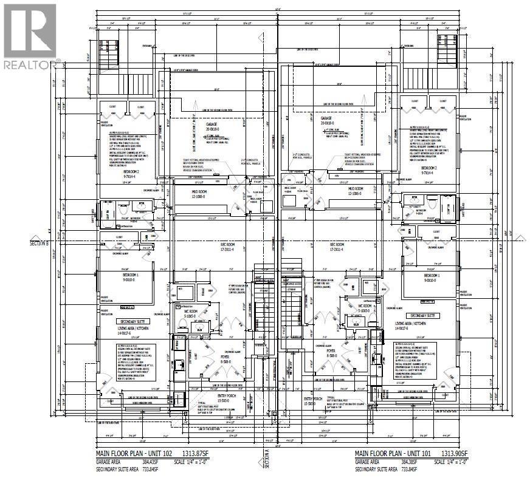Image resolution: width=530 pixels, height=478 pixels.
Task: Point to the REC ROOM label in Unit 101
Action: [x=342, y=247]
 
